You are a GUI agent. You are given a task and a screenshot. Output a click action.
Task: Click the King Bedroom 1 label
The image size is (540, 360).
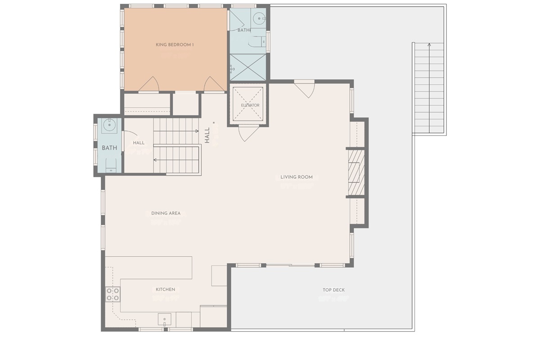[x=175, y=45]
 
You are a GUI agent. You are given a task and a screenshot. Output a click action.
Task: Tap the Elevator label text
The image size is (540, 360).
[x=250, y=105]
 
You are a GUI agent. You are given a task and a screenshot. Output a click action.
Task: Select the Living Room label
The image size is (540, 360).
[x=297, y=177]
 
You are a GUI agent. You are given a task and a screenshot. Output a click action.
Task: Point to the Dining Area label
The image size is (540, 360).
[x=166, y=213]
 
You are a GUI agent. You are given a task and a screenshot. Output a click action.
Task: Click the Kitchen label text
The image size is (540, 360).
[x=165, y=289]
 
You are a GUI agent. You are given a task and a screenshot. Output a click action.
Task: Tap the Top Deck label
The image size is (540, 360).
[x=333, y=290]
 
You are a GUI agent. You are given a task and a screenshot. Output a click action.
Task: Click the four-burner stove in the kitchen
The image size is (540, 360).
[x=113, y=294]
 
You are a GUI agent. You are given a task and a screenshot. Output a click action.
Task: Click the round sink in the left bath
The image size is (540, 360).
[x=109, y=126]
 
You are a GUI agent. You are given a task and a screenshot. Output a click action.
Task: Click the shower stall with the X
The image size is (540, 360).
[x=248, y=67]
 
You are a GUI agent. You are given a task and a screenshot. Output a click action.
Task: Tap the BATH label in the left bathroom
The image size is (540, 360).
[x=109, y=148]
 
